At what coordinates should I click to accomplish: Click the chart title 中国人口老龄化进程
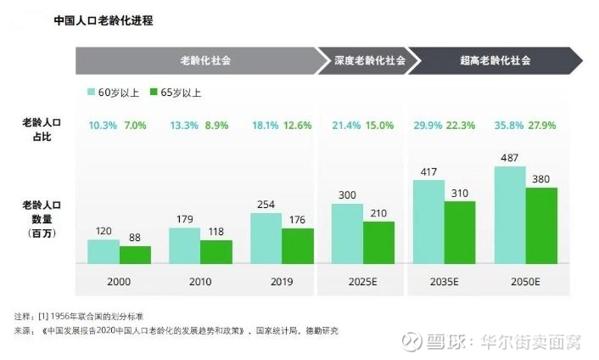[x=103, y=20]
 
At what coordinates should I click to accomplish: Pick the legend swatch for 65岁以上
[x=154, y=92]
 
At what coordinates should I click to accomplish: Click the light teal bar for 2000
[x=104, y=251]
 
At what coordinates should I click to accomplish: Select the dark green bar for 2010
[x=216, y=251]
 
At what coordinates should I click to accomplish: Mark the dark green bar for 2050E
[x=541, y=225]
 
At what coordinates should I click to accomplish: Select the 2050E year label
[x=525, y=280]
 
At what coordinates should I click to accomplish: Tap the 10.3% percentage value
[x=102, y=126]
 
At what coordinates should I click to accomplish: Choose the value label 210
[x=379, y=213]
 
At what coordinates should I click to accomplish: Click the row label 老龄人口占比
[x=41, y=130]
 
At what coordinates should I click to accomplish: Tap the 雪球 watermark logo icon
[x=412, y=340]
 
